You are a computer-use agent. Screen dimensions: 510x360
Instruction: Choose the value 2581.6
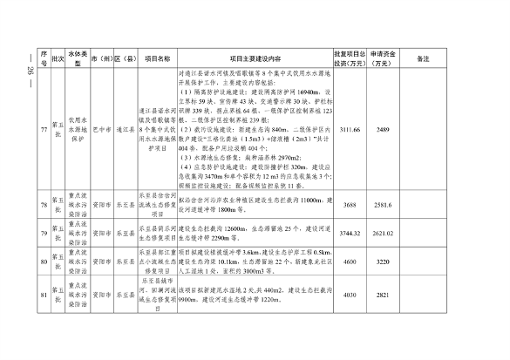[382, 205]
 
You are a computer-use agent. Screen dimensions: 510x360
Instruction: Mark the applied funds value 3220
[382, 262]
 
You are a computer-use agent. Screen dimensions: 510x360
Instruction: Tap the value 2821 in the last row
[382, 294]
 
